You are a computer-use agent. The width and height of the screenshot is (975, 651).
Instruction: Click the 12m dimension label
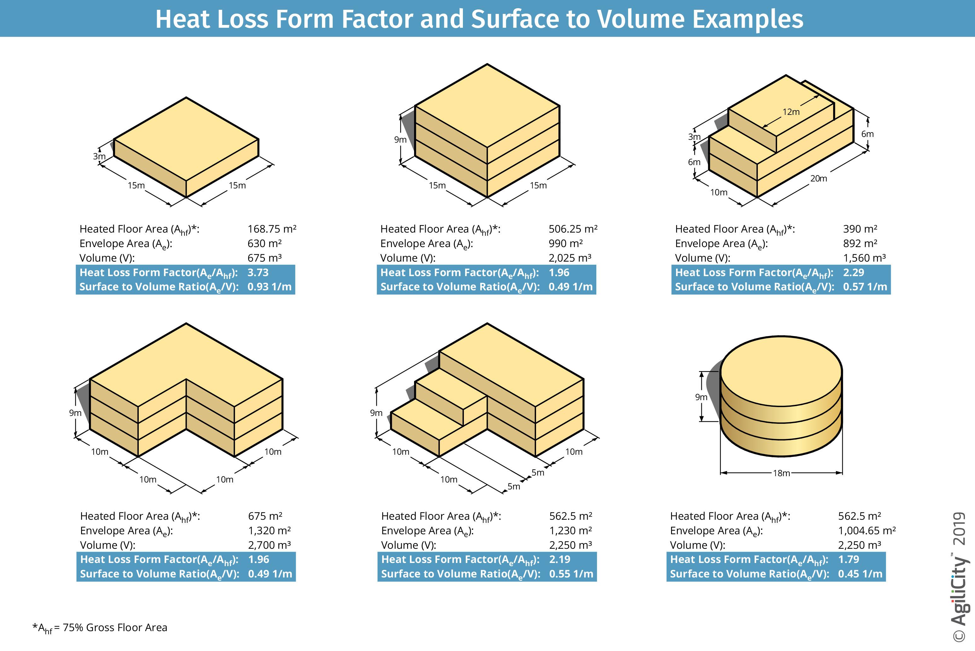click(791, 112)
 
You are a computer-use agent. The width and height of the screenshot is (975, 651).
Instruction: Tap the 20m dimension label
click(818, 179)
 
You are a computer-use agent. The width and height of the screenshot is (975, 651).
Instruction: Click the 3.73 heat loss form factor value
click(258, 272)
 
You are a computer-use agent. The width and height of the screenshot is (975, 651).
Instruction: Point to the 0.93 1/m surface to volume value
click(269, 287)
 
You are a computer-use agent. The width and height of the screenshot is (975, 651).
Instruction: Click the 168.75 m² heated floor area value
click(272, 229)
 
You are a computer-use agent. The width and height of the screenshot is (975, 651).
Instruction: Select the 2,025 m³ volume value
click(570, 258)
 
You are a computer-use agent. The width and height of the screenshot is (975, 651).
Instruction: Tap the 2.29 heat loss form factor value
click(853, 272)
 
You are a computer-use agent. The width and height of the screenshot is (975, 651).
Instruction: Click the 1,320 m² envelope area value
click(269, 530)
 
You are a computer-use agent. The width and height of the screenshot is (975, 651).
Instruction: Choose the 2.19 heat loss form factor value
click(560, 559)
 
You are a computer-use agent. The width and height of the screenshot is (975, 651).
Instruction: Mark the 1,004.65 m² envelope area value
click(867, 530)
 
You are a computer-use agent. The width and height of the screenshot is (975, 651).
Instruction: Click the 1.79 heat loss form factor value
click(849, 559)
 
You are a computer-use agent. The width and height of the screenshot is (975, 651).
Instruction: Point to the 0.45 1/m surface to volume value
click(860, 574)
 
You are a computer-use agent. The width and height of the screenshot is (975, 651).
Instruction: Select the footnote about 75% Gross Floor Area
click(100, 628)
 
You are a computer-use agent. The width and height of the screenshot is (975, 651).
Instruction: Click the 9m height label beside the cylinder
click(701, 397)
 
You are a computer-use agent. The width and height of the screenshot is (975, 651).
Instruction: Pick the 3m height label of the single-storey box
click(99, 157)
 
